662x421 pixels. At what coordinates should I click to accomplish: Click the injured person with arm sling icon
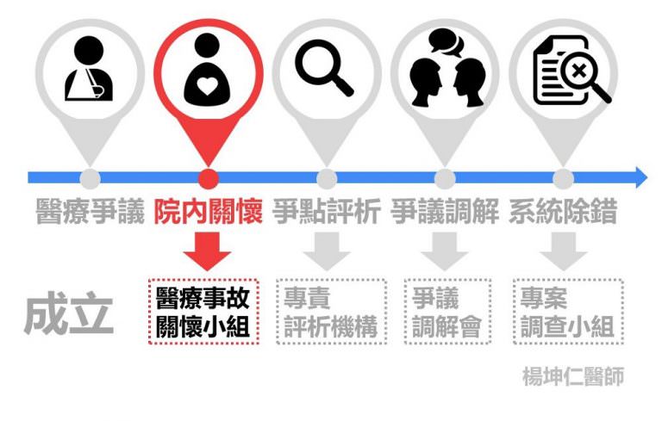[x=89, y=68]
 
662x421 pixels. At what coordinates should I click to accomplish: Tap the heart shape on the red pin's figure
[x=207, y=85]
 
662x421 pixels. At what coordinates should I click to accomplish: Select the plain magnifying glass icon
[x=324, y=67]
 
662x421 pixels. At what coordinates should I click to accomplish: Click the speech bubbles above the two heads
[x=446, y=42]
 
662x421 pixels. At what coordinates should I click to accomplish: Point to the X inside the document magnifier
[x=579, y=71]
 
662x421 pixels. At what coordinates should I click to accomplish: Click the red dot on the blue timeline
[x=208, y=179]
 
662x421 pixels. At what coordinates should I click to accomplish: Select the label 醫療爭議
[x=90, y=211]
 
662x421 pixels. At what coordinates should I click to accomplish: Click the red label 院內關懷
[x=208, y=211]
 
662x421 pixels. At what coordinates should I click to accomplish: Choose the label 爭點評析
[x=327, y=211]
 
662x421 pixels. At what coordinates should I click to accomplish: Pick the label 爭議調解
[x=445, y=211]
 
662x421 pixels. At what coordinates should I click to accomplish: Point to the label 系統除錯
[x=563, y=211]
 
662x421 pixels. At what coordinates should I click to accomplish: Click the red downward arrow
[x=207, y=251]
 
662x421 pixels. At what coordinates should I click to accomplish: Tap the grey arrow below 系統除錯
[x=563, y=251]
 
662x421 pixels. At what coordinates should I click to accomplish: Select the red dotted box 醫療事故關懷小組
[x=203, y=312]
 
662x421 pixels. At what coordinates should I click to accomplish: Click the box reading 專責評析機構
[x=331, y=312]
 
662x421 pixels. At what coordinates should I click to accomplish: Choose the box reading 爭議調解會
[x=447, y=312]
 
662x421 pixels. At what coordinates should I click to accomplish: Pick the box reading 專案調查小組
[x=568, y=312]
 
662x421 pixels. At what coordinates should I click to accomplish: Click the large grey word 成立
[x=69, y=313]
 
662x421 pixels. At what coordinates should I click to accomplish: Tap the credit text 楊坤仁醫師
[x=573, y=376]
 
